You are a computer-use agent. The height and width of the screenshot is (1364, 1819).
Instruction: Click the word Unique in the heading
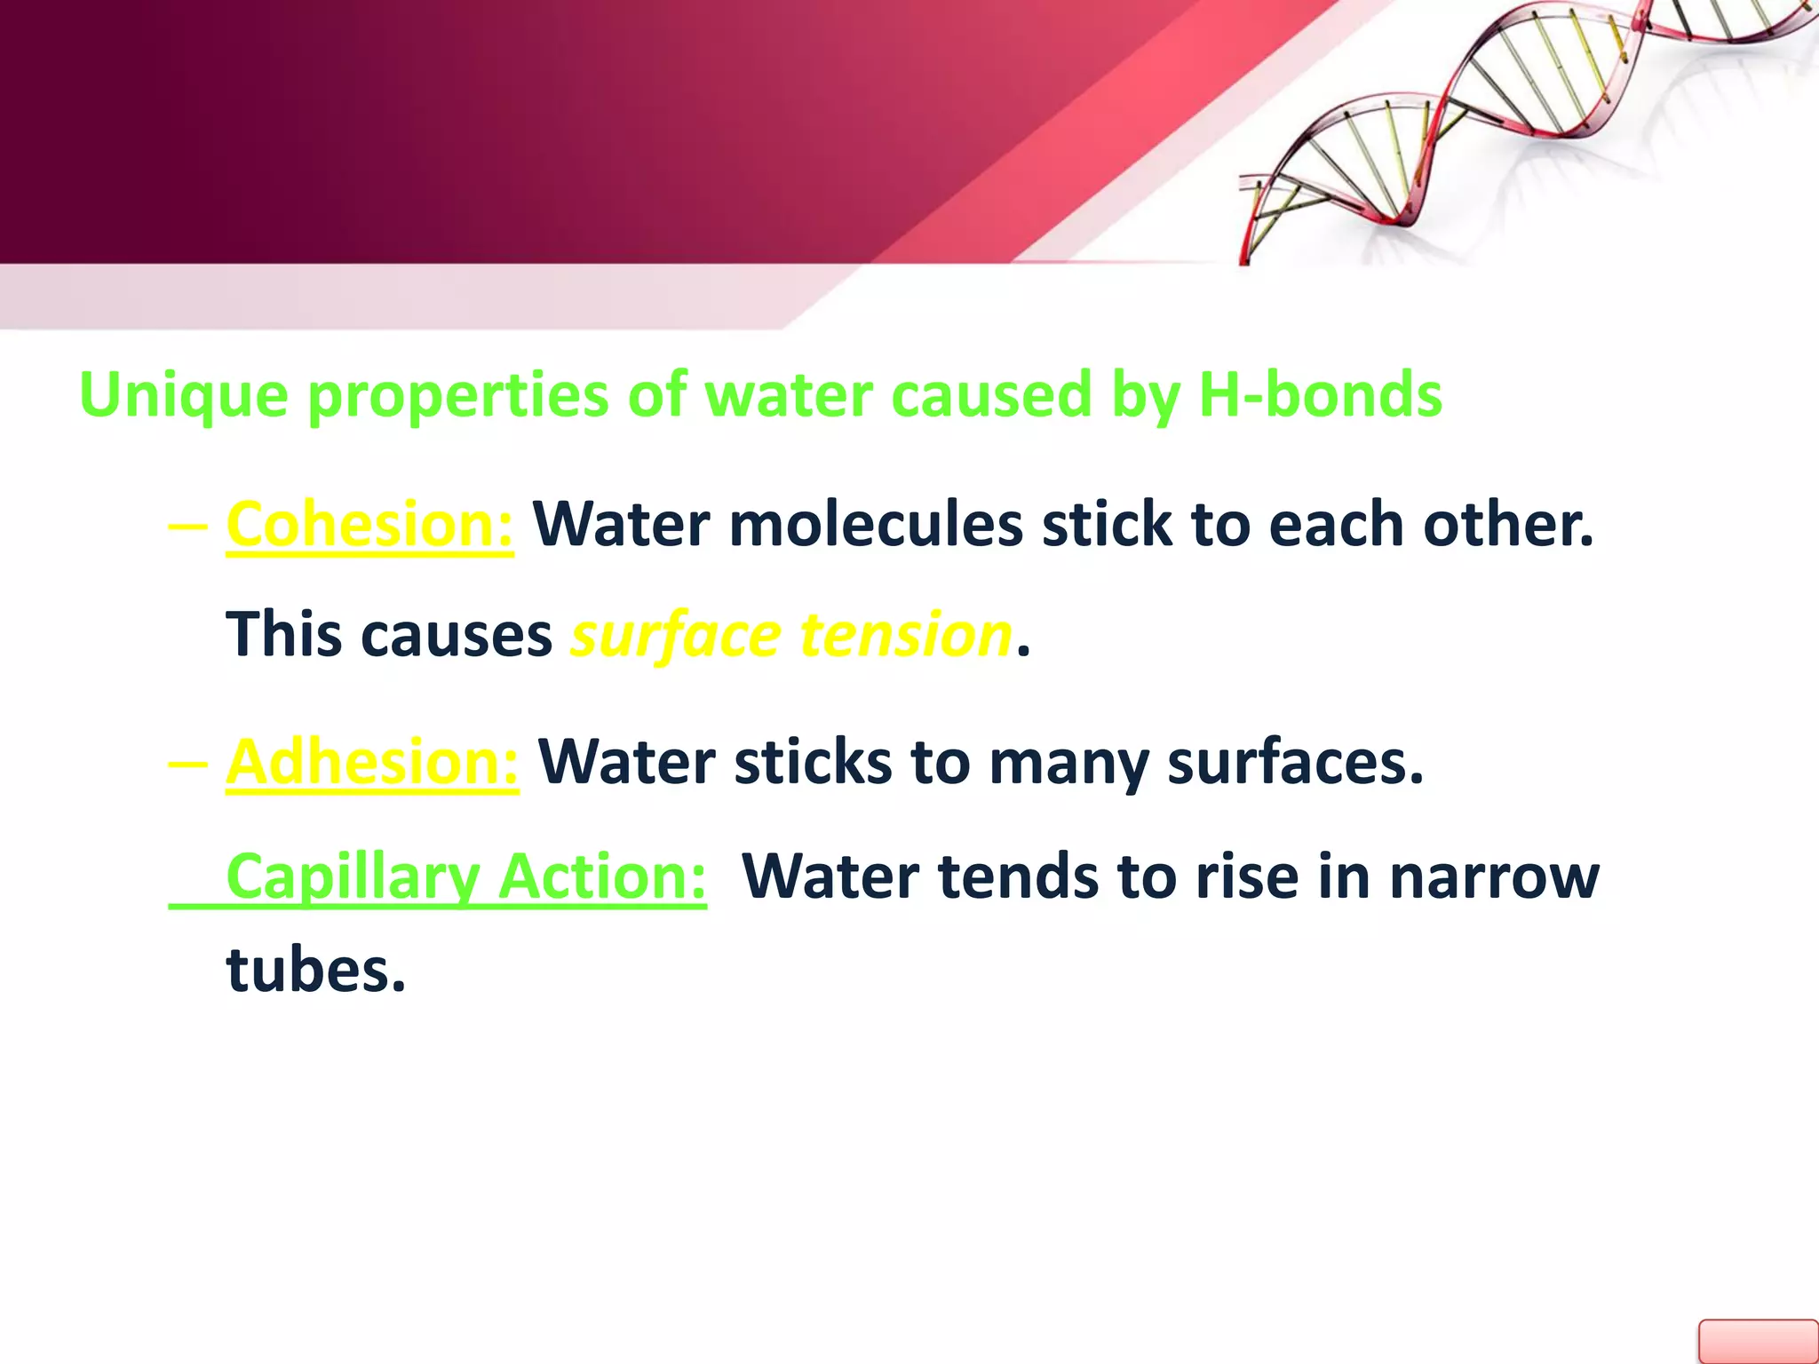pos(183,395)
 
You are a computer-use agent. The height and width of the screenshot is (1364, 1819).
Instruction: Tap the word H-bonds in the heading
pos(1320,393)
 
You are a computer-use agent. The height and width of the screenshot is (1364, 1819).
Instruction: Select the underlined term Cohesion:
pos(369,525)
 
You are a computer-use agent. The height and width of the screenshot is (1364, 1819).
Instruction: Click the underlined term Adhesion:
pos(372,762)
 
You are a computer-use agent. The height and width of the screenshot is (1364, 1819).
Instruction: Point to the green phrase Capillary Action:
pos(465,876)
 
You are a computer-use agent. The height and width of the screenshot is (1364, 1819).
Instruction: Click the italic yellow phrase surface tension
pos(790,636)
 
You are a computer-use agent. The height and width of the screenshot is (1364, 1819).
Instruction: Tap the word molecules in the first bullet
pos(875,524)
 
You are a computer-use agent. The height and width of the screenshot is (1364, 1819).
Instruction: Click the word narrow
pos(1494,876)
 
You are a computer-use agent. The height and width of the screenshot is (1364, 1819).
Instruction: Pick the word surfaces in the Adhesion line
pos(1294,762)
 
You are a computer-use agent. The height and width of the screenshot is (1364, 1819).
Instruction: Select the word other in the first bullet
pos(1507,524)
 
